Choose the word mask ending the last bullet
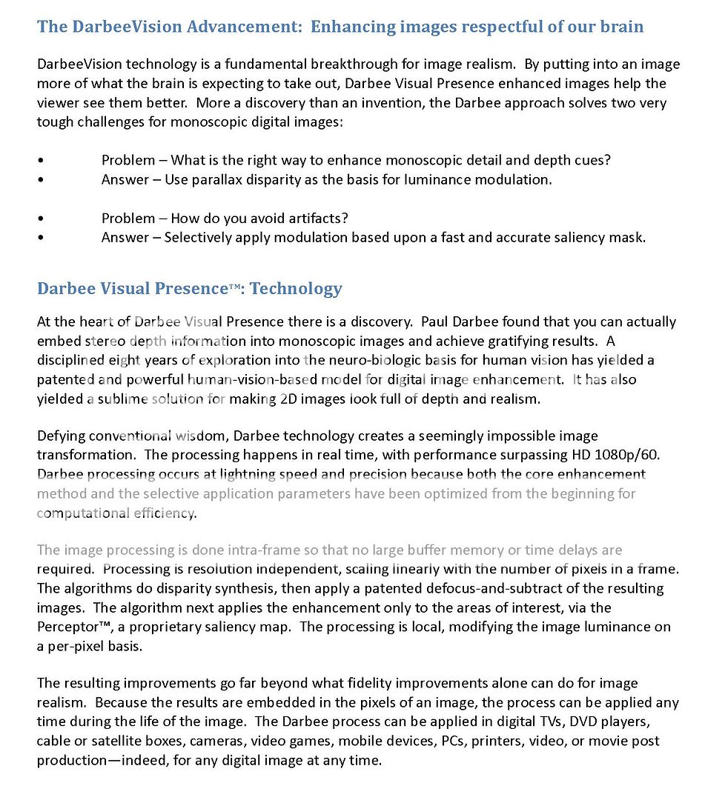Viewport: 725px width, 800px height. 629,237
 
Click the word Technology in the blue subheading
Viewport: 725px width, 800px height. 296,288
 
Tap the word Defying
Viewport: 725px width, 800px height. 59,436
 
